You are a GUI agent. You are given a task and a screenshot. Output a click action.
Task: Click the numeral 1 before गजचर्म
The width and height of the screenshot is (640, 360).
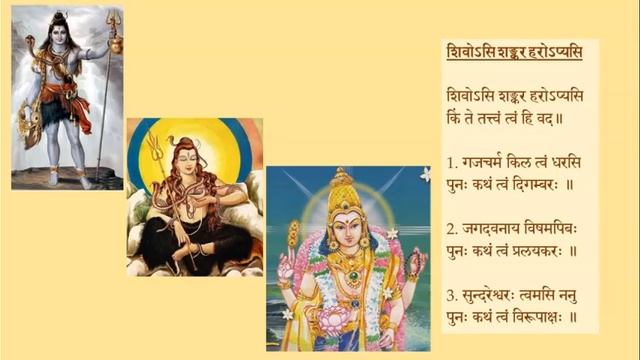pyautogui.click(x=452, y=160)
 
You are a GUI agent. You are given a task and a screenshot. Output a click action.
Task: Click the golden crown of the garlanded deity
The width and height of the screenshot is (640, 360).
pyautogui.click(x=344, y=195)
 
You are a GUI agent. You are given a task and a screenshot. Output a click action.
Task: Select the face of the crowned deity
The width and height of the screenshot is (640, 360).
pyautogui.click(x=345, y=232)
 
